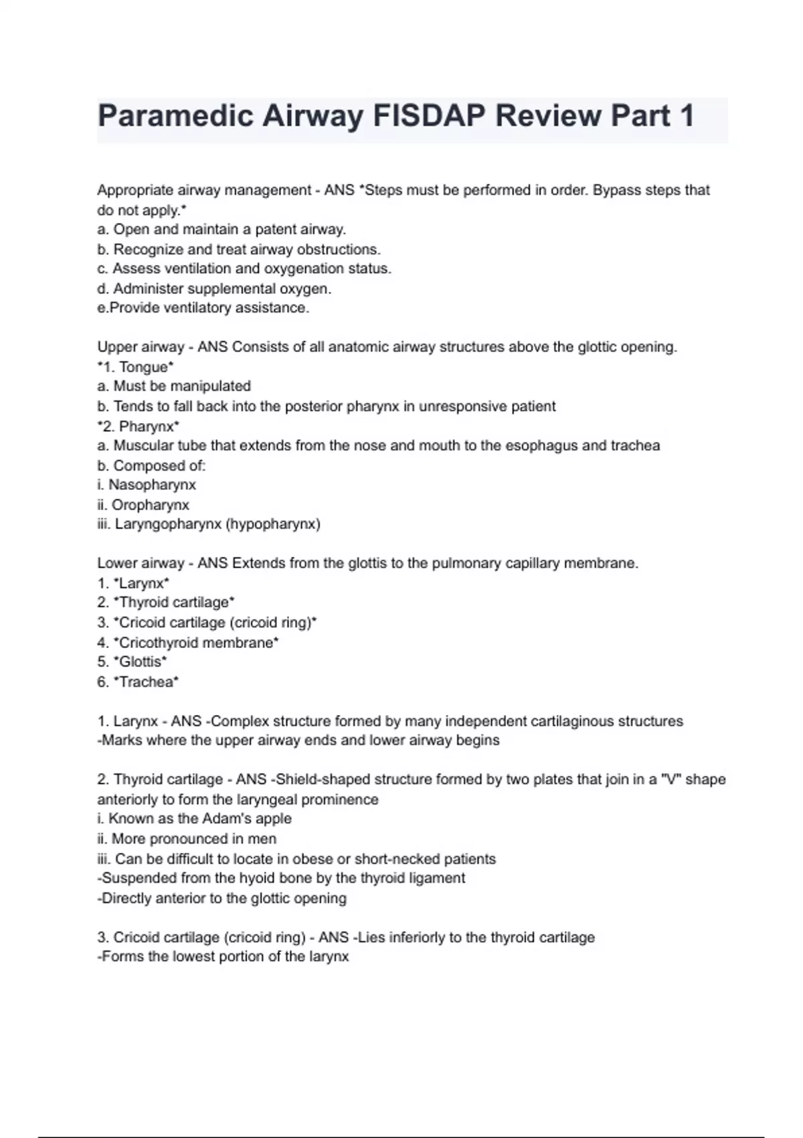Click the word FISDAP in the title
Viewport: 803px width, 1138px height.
(429, 116)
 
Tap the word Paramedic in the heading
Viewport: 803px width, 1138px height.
(175, 116)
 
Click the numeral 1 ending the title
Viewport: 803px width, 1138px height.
(686, 116)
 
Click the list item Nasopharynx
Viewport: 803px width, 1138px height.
(152, 485)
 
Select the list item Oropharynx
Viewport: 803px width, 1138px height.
(150, 505)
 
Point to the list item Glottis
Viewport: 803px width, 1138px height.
(141, 662)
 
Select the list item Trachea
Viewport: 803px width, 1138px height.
(147, 682)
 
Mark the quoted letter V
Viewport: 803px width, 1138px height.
(670, 780)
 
